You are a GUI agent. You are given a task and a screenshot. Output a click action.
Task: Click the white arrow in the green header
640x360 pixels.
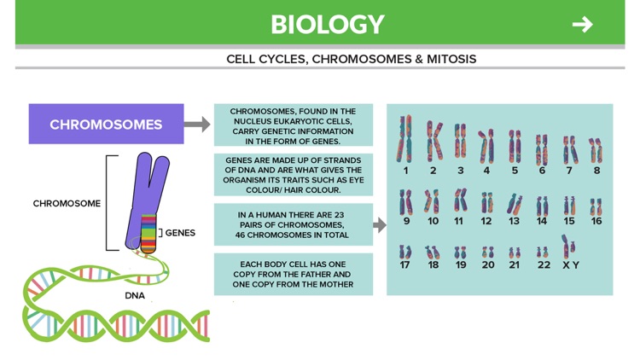[x=582, y=24]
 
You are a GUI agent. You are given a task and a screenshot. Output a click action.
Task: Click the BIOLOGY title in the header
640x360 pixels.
[x=327, y=24]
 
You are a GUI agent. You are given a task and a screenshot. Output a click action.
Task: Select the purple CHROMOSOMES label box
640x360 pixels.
[x=106, y=124]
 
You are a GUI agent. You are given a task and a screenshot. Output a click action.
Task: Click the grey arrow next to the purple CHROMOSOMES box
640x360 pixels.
[x=197, y=124]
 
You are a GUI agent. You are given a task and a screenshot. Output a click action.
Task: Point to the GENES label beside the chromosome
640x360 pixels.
[x=179, y=233]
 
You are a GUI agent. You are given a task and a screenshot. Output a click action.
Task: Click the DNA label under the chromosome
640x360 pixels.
[x=134, y=295]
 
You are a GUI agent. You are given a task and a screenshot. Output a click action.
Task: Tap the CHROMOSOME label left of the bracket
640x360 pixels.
[x=67, y=203]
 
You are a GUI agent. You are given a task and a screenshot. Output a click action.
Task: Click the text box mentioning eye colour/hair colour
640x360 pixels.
[x=294, y=175]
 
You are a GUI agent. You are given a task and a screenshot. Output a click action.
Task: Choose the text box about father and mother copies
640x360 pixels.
[x=294, y=275]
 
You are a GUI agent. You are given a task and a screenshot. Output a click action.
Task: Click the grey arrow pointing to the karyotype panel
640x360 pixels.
[x=380, y=225]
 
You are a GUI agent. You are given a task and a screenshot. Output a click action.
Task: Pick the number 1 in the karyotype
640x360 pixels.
[x=405, y=171]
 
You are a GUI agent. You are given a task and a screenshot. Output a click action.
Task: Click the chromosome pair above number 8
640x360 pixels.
[x=596, y=150]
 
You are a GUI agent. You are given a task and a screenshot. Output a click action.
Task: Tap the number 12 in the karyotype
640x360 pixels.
[x=486, y=221]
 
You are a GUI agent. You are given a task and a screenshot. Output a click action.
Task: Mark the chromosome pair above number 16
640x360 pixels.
[x=596, y=206]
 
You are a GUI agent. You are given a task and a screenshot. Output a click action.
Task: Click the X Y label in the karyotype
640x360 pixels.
[x=570, y=265]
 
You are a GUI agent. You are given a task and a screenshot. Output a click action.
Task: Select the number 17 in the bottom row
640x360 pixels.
[x=404, y=265]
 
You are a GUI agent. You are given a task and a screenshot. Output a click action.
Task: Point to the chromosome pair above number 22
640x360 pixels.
[x=543, y=253]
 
